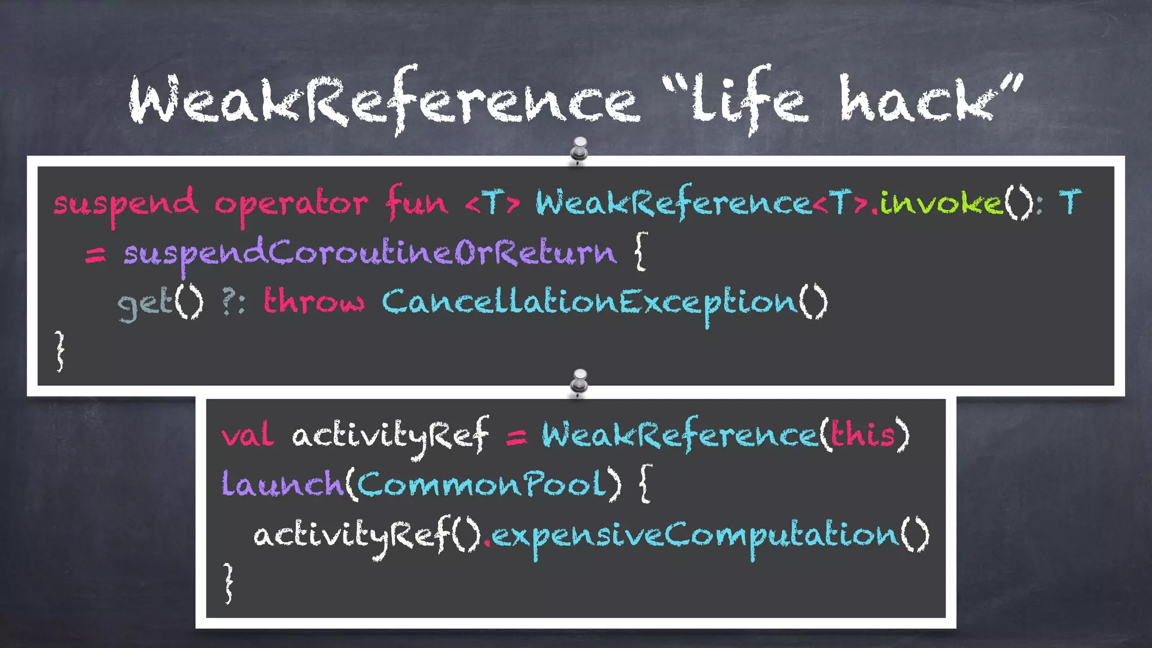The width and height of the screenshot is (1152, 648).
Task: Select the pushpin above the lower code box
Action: (579, 382)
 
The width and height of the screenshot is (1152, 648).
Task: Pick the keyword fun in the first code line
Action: (416, 202)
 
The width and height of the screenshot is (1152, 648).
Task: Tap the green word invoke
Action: (941, 202)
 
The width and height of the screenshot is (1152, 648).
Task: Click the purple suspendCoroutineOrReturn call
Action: (370, 254)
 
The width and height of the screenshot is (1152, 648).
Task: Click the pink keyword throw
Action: (314, 301)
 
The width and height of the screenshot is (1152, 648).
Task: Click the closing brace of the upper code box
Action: (60, 351)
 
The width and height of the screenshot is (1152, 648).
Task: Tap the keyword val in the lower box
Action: (247, 435)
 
